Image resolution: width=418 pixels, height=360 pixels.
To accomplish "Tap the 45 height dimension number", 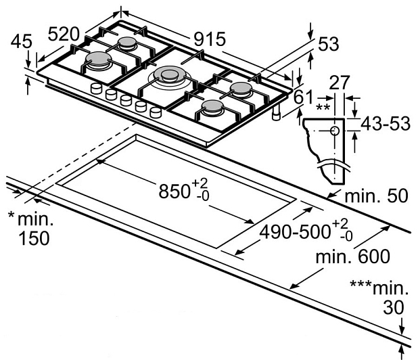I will (22, 42).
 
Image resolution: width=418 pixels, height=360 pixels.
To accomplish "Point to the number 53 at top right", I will (327, 44).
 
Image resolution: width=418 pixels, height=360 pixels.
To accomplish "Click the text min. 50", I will (376, 197).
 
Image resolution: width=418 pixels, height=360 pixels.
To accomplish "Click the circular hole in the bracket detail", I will (334, 131).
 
